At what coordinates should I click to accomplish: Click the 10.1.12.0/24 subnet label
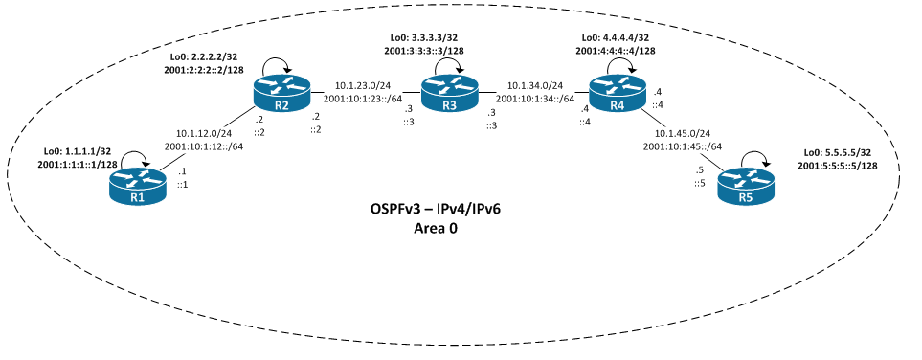204,133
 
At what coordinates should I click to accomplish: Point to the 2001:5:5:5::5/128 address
850,166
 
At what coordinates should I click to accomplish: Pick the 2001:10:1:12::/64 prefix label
204,146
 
